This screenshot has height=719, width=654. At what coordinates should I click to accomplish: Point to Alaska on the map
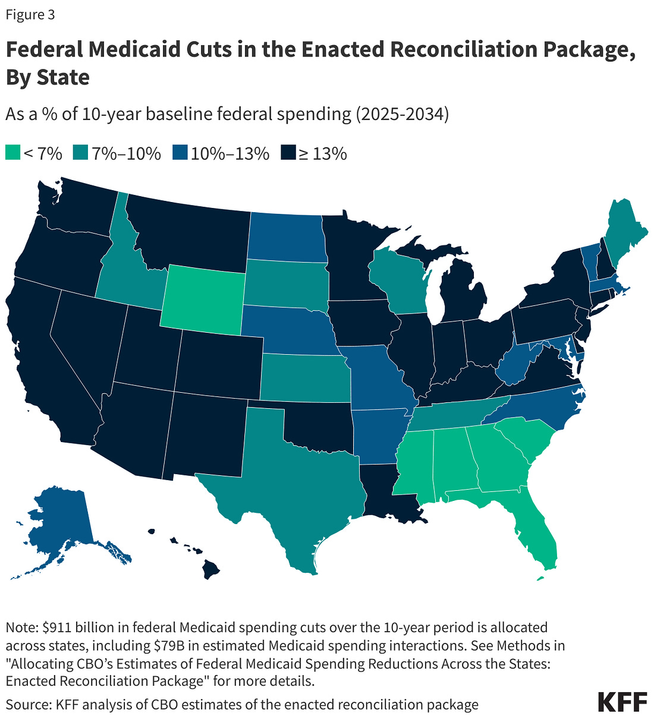(x=59, y=523)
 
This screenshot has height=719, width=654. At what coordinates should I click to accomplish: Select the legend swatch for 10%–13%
(x=180, y=153)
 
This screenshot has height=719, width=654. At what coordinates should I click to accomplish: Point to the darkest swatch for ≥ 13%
(x=288, y=153)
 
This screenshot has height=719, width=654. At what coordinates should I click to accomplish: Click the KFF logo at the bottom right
(x=621, y=702)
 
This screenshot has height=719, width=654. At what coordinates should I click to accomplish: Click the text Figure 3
(x=30, y=15)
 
